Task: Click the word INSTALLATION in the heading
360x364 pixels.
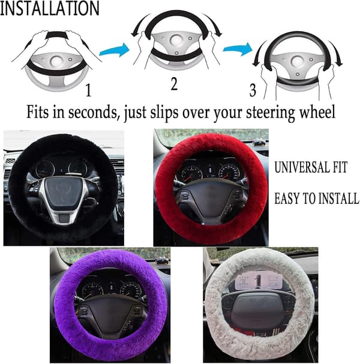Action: click(x=49, y=8)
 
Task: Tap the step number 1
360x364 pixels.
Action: click(x=88, y=91)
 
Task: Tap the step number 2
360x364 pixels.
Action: click(x=174, y=84)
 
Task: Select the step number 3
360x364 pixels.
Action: click(x=253, y=90)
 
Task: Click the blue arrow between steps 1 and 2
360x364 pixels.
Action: click(x=114, y=50)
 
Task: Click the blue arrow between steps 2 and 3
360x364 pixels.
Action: click(x=238, y=49)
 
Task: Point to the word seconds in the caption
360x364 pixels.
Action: click(x=92, y=112)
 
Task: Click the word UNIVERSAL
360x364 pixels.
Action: click(x=301, y=167)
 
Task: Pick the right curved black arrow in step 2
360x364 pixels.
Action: click(x=212, y=25)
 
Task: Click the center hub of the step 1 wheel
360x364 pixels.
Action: click(x=56, y=61)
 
